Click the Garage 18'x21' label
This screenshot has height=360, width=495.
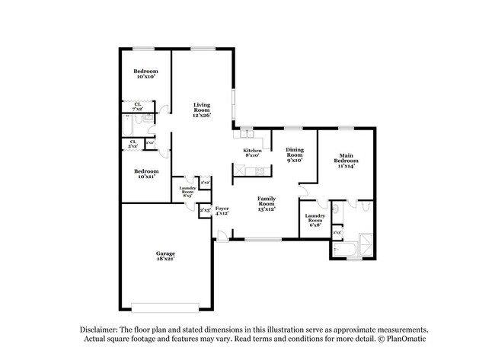pos(165,256)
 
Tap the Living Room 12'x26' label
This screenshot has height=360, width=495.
pos(201,110)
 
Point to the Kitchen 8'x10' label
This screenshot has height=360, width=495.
pos(253,153)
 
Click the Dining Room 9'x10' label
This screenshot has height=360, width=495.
pos(295,155)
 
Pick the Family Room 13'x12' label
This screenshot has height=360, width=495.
pos(266,202)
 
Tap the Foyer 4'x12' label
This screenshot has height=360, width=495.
pos(222,210)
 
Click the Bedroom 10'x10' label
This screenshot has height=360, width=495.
pos(146,73)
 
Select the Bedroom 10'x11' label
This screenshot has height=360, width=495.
pos(146,174)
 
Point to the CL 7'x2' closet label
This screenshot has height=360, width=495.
pos(137,107)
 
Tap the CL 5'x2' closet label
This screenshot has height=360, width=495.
pos(133,143)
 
